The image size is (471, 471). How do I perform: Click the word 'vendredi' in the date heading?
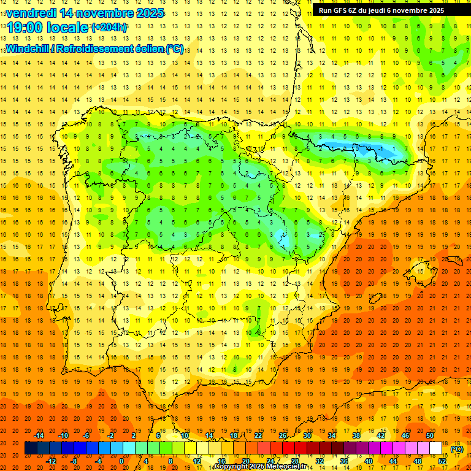click(31, 13)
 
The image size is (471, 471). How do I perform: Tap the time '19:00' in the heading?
click(26, 28)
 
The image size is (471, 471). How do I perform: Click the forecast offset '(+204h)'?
click(109, 28)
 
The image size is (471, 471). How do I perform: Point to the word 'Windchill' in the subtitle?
click(28, 48)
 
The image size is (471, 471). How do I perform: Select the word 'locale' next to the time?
click(68, 28)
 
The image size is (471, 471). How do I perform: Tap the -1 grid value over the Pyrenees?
click(381, 149)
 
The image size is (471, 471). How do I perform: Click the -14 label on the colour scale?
click(39, 435)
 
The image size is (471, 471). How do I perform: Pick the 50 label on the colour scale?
click(430, 435)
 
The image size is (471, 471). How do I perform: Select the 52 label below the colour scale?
click(442, 461)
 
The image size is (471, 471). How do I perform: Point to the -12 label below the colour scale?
click(52, 461)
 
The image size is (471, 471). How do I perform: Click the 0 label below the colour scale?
click(121, 461)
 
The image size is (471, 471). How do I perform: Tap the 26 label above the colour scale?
click(283, 435)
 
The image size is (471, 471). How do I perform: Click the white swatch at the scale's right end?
click(436, 448)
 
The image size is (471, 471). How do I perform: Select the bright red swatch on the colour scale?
click(288, 448)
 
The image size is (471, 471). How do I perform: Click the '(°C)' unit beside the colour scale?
click(457, 449)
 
